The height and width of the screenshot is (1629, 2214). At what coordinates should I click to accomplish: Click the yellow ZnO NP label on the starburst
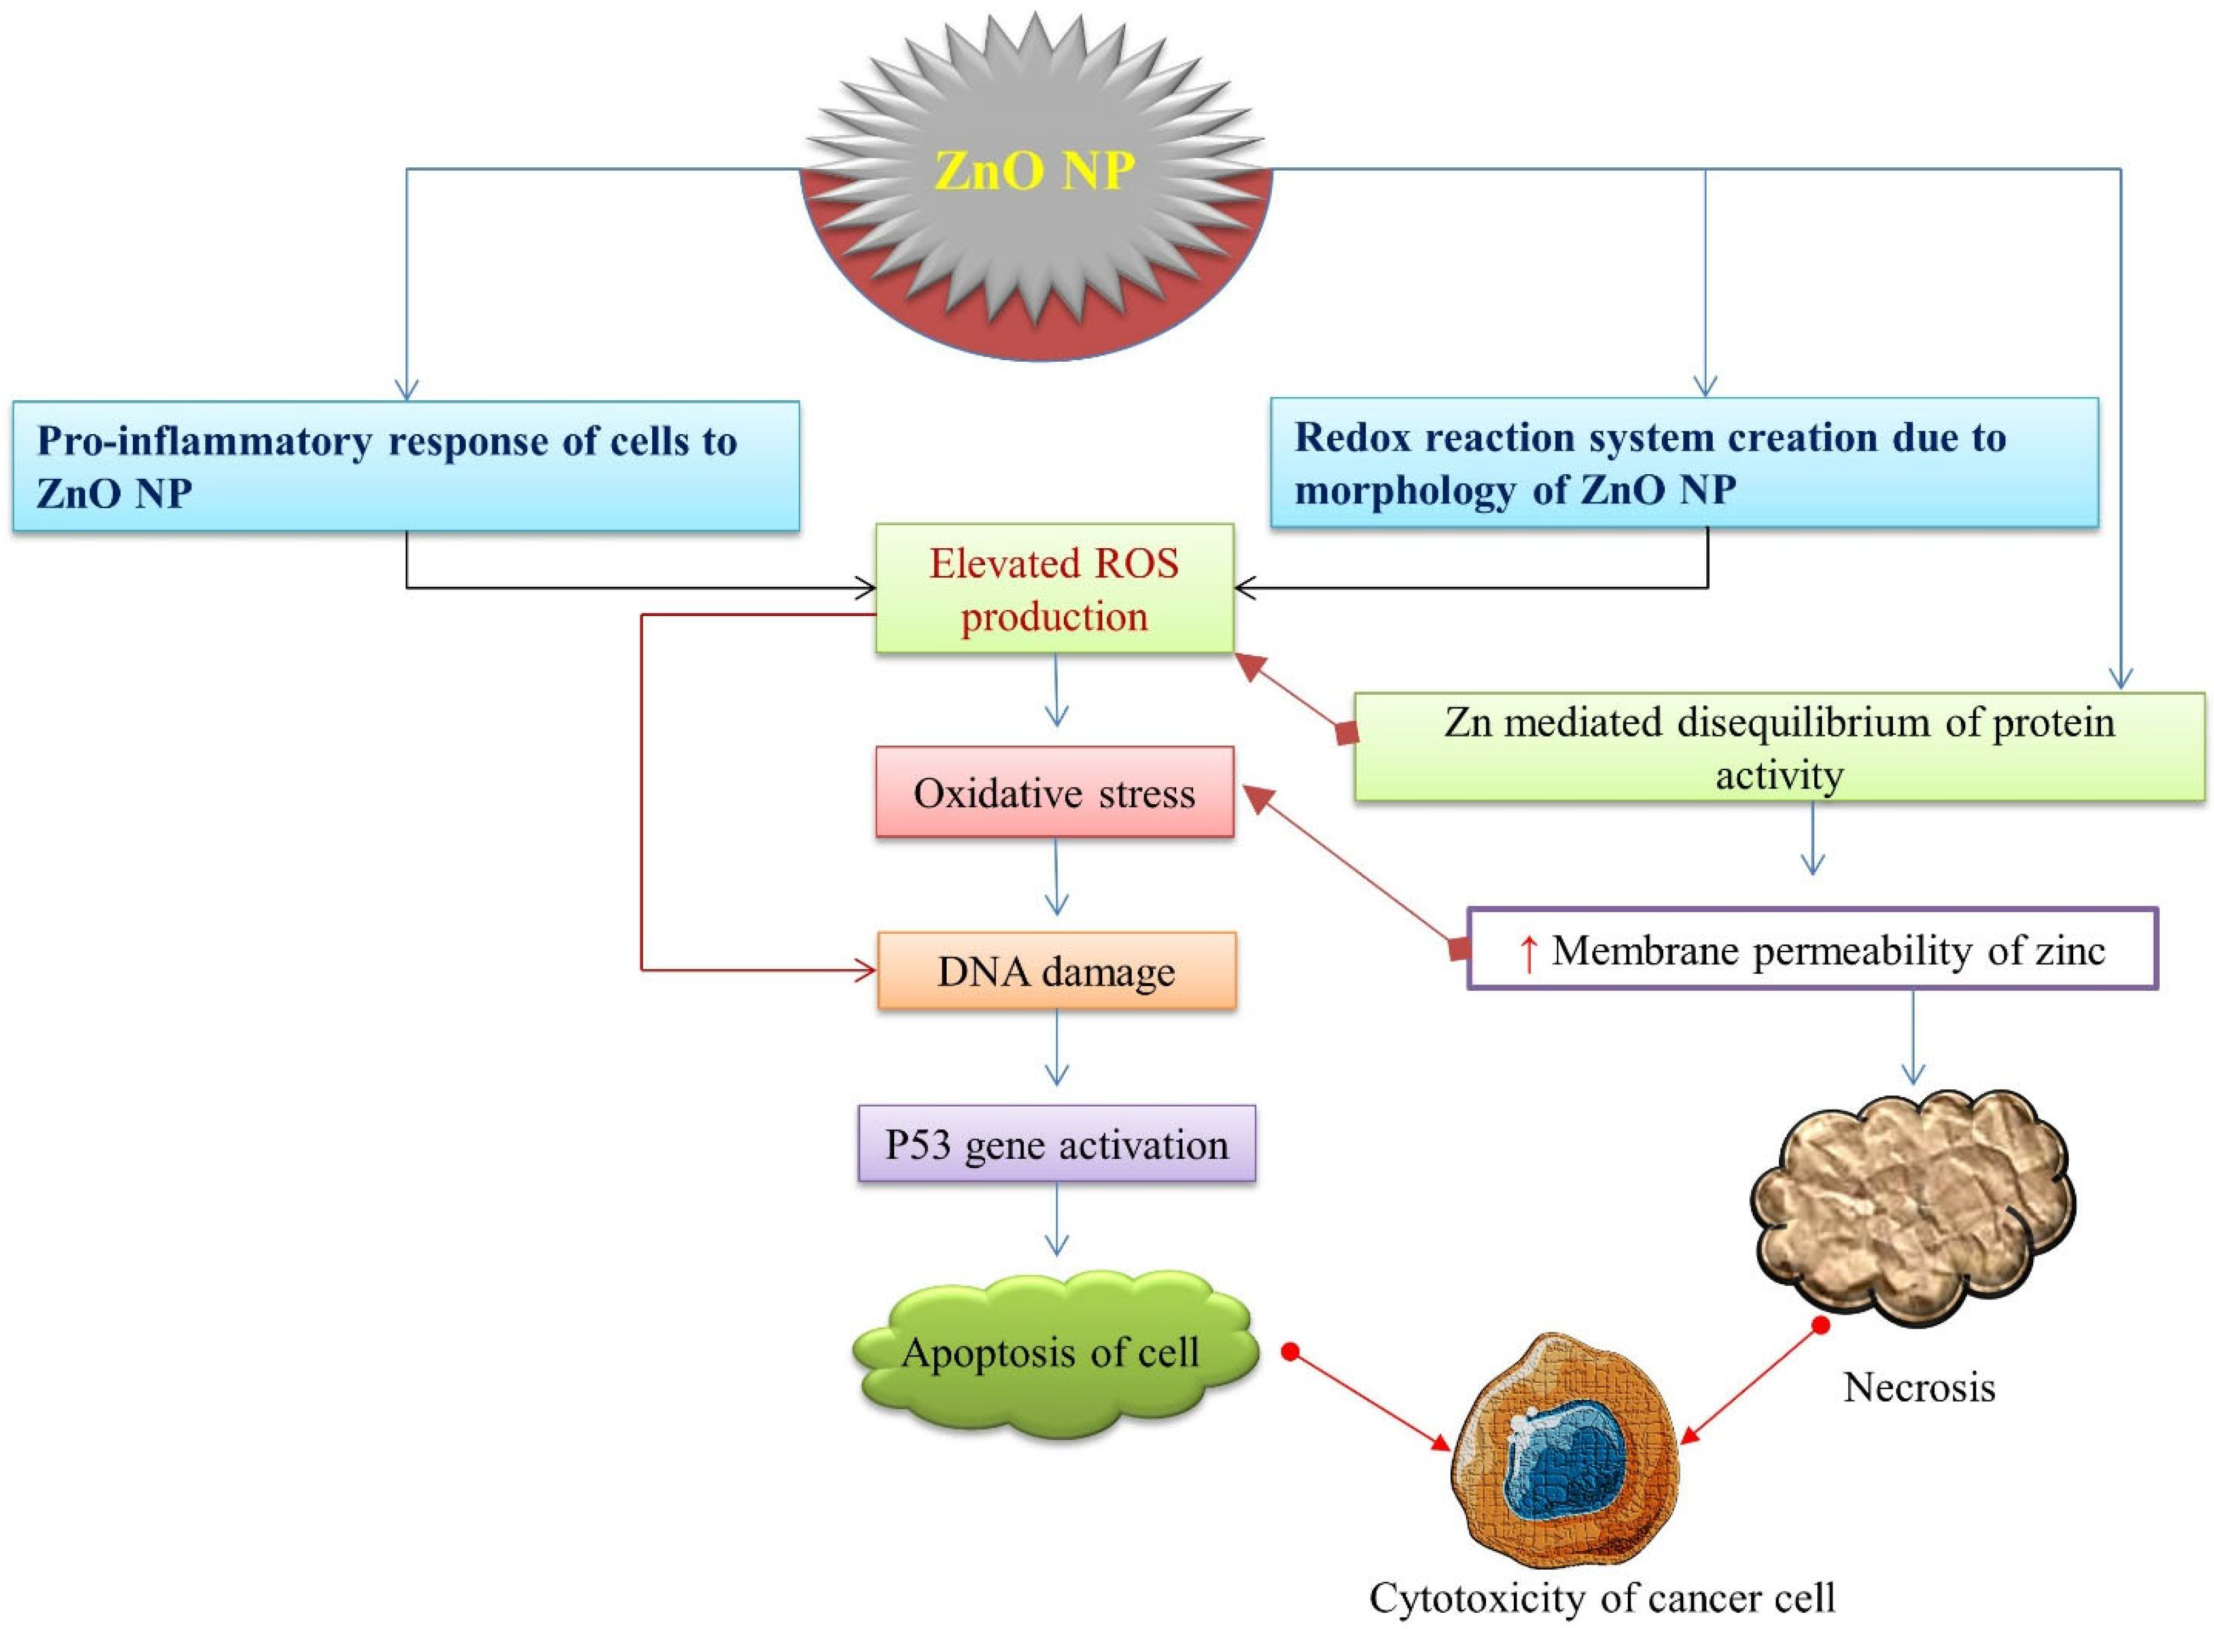tap(1034, 171)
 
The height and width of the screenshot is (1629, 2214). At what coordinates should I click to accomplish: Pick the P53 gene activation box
tap(1056, 1145)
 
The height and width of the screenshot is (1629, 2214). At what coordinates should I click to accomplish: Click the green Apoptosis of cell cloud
tap(1051, 1353)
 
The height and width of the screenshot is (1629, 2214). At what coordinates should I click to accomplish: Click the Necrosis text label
tap(1918, 1388)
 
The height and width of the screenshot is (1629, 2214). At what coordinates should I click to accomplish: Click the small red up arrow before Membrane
tap(1528, 952)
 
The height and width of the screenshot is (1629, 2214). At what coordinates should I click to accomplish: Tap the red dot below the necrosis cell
tap(1821, 1325)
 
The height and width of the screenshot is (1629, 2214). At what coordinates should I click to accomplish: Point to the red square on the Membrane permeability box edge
tap(1459, 948)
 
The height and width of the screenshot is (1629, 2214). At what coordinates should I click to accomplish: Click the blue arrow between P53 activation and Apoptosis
tap(1056, 1223)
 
